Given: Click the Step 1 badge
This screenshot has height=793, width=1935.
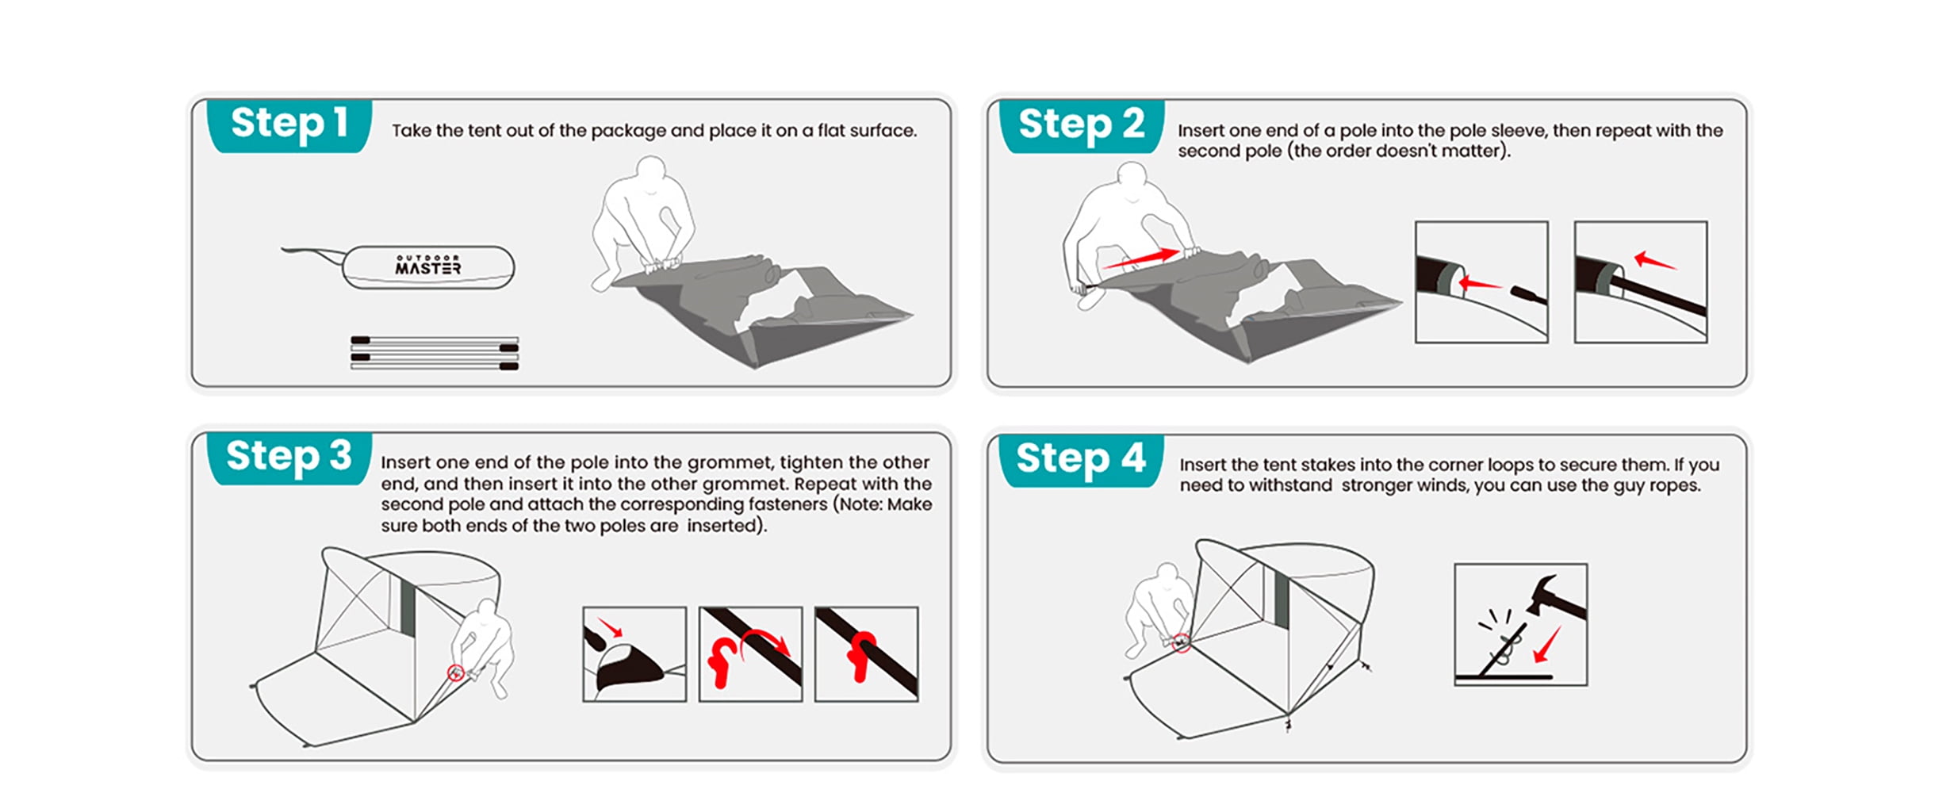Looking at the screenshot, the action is (289, 125).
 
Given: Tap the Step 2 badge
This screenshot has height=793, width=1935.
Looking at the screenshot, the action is (1082, 125).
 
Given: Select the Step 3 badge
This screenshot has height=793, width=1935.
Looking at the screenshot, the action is (289, 458).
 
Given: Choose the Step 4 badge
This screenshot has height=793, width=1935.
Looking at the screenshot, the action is (1082, 460).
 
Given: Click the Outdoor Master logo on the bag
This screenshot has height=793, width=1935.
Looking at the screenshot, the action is (428, 265).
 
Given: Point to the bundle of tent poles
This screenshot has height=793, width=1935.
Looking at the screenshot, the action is (435, 353).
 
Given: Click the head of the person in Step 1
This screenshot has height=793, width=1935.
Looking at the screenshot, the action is (652, 171).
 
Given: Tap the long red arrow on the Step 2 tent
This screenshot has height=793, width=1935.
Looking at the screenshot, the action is (1141, 258).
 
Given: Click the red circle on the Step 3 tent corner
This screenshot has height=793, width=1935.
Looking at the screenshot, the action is (455, 673).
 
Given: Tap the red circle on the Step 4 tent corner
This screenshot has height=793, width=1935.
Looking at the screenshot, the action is (1182, 643).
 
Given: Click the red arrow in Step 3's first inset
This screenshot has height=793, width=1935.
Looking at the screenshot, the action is (610, 626).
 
